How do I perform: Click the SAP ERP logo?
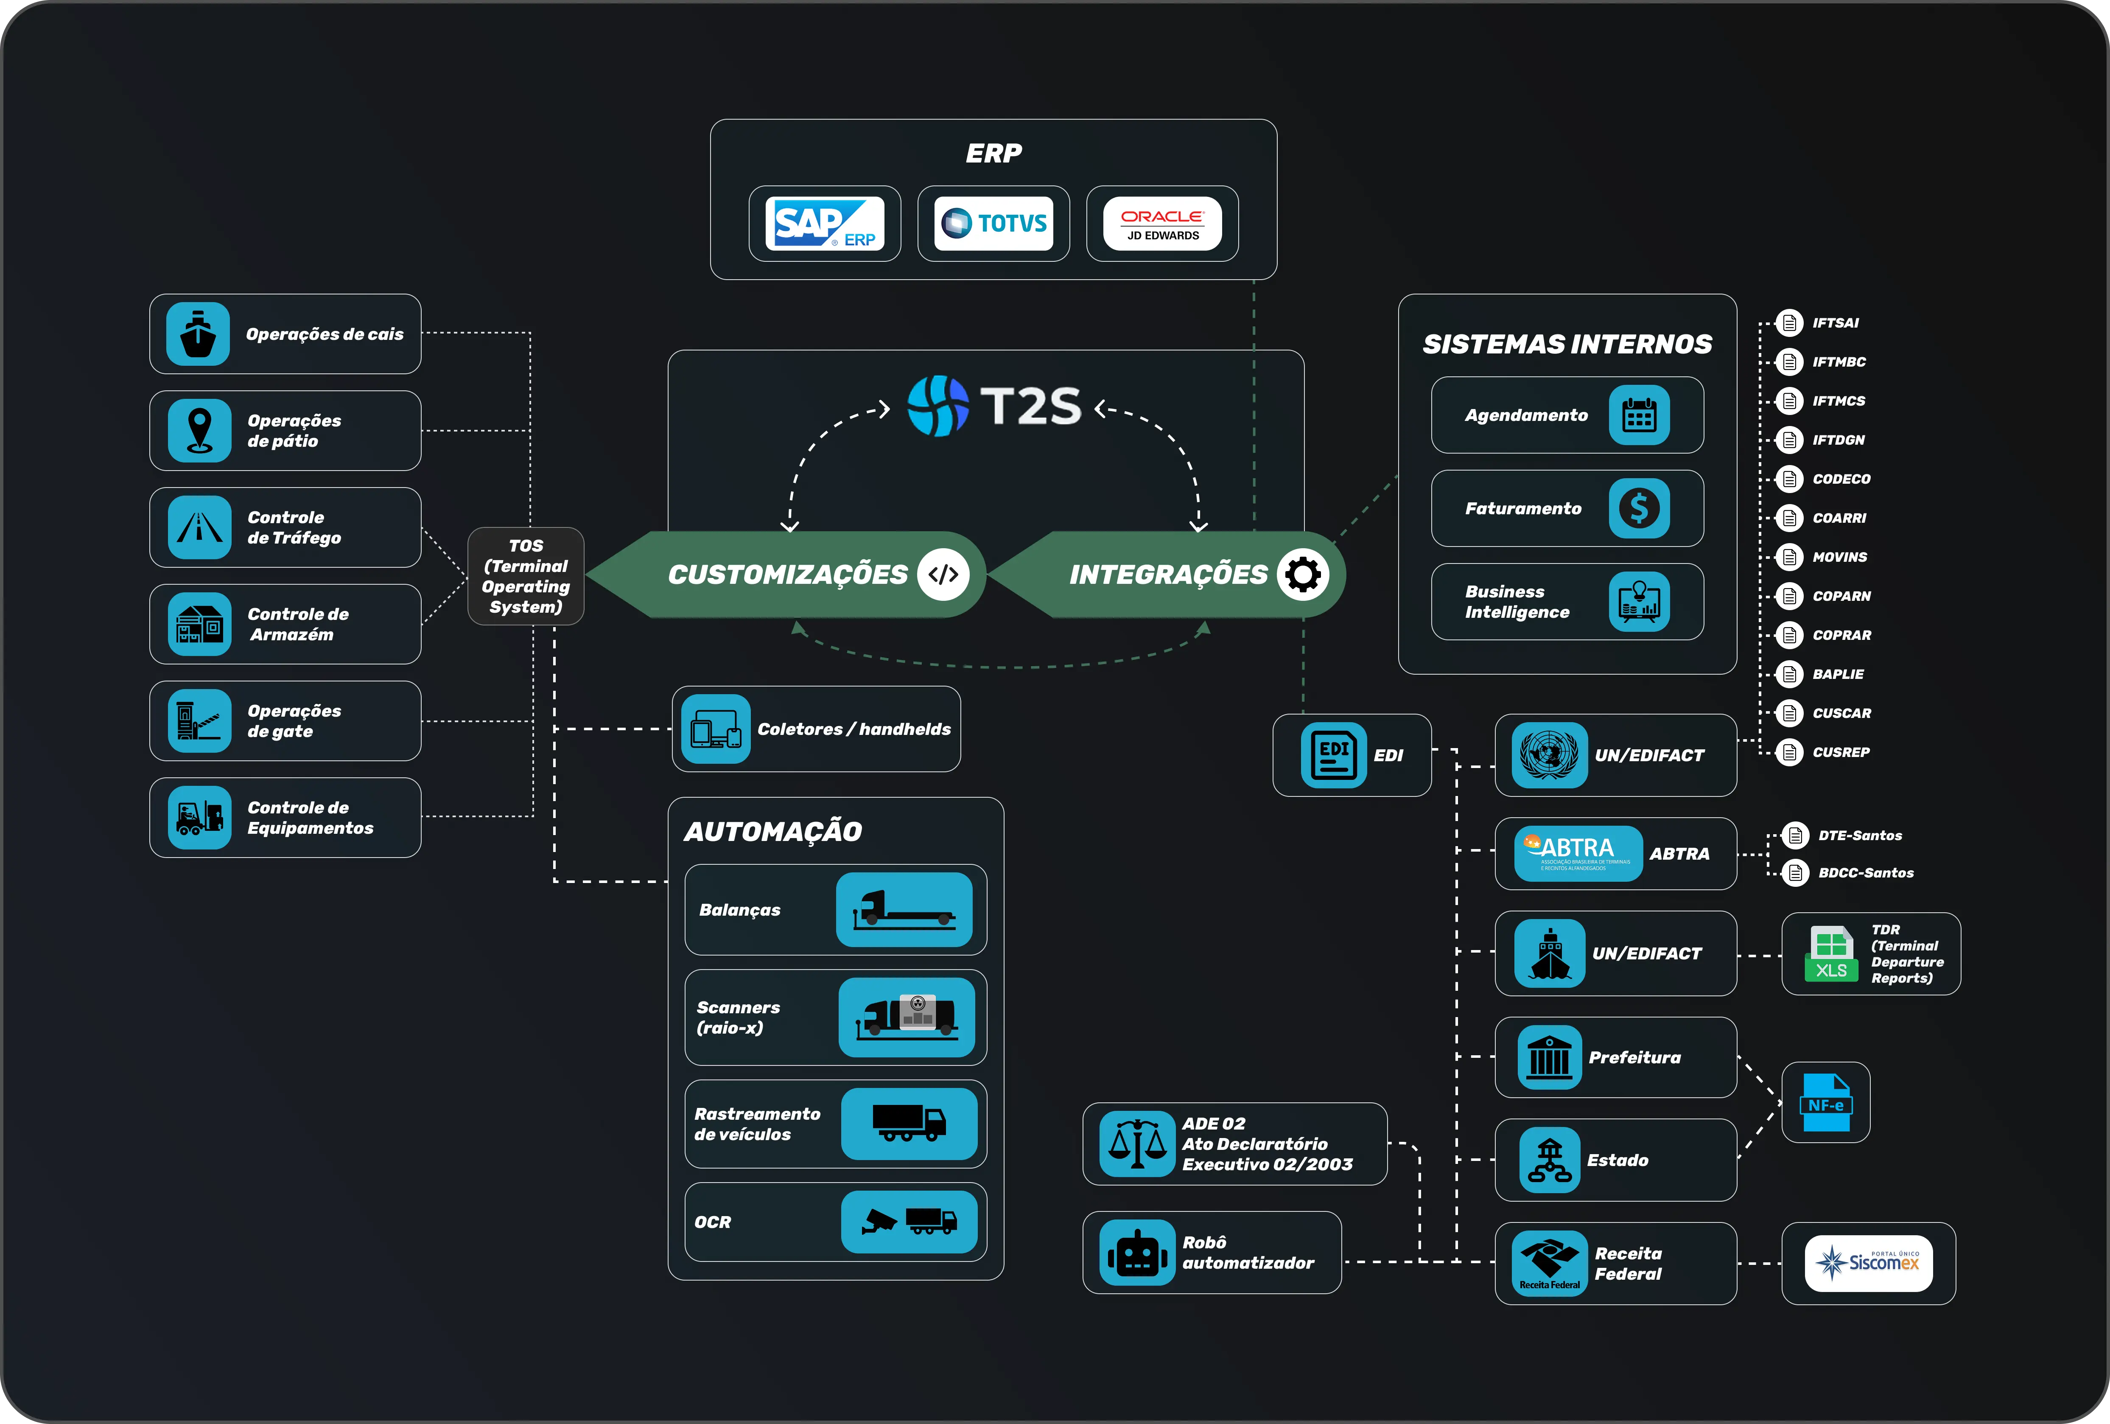pyautogui.click(x=824, y=224)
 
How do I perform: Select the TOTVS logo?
pyautogui.click(x=993, y=224)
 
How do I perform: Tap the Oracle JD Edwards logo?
pyautogui.click(x=1162, y=224)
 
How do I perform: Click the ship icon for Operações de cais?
pyautogui.click(x=198, y=334)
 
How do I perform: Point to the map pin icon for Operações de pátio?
pyautogui.click(x=200, y=431)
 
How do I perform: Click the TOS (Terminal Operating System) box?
pyautogui.click(x=526, y=576)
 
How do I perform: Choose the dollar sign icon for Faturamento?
pyautogui.click(x=1639, y=509)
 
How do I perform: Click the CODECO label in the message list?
pyautogui.click(x=1841, y=479)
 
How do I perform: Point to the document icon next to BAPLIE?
pyautogui.click(x=1788, y=674)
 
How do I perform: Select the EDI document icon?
pyautogui.click(x=1333, y=755)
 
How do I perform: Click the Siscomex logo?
pyautogui.click(x=1869, y=1262)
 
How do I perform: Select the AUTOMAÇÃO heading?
pyautogui.click(x=772, y=831)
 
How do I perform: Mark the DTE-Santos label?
pyautogui.click(x=1859, y=835)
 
